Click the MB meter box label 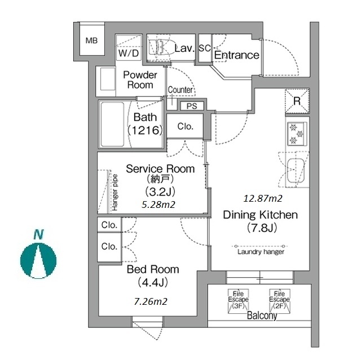(91, 41)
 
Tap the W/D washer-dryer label (129, 53)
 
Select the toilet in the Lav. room (159, 47)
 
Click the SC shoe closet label (205, 48)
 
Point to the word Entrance (237, 55)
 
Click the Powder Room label (140, 80)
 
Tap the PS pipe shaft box (192, 106)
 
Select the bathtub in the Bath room (112, 125)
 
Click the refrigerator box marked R (297, 101)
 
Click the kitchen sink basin (296, 170)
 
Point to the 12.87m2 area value (263, 198)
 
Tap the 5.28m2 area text (158, 205)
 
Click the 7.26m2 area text (151, 301)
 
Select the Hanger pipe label (115, 193)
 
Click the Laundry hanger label (261, 252)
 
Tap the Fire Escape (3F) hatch (238, 301)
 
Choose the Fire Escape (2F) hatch (280, 301)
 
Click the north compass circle (38, 261)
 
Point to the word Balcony (262, 315)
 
